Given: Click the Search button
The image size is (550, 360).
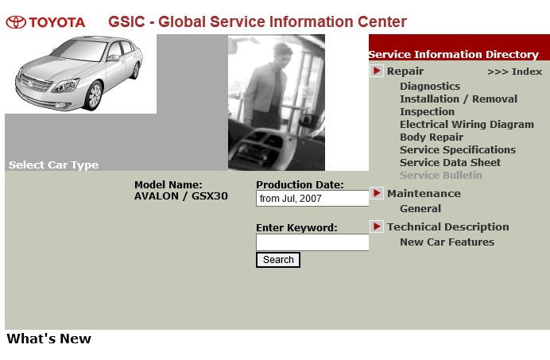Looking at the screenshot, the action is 278,260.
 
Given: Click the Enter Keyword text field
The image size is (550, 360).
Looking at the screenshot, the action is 312,242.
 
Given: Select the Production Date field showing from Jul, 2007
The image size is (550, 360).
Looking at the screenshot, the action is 312,198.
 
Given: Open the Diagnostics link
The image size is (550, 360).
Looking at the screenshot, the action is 430,87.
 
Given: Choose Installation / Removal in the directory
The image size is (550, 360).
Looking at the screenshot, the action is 459,99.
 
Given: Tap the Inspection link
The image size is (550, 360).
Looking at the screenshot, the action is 427,111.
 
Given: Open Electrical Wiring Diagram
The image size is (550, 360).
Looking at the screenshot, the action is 467,125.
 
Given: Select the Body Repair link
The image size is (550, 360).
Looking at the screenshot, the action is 432,137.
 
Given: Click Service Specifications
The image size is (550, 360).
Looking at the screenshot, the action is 458,150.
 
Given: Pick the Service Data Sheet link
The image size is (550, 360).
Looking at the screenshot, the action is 450,162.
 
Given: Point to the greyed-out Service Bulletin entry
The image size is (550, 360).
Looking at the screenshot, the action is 441,175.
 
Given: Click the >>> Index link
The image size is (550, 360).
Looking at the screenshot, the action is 514,72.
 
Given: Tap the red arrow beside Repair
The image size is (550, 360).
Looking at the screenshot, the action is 377,71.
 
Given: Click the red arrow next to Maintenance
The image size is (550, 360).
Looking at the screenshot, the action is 377,193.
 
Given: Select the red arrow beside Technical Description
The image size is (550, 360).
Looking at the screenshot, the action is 377,226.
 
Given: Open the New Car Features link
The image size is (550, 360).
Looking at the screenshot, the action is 447,242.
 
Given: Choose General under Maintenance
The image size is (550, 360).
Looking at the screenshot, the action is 420,209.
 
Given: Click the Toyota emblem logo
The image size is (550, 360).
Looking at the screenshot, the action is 16,22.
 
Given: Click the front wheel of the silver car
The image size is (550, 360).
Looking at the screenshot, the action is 94,95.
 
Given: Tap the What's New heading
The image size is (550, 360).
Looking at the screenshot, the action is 48,339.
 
